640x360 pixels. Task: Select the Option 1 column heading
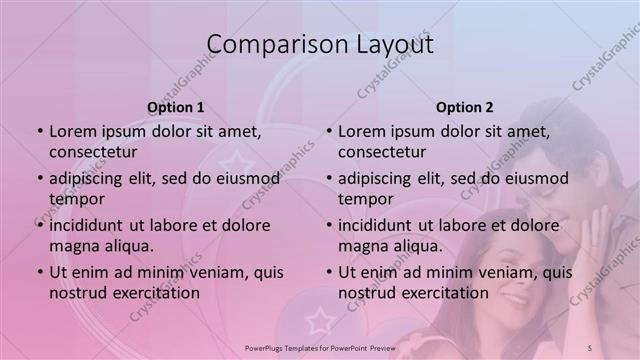click(176, 107)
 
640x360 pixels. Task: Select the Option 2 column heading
click(465, 107)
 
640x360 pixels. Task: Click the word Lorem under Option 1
click(73, 131)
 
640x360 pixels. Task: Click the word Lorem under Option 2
click(362, 131)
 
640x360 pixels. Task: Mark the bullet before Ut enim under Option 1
click(39, 272)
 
